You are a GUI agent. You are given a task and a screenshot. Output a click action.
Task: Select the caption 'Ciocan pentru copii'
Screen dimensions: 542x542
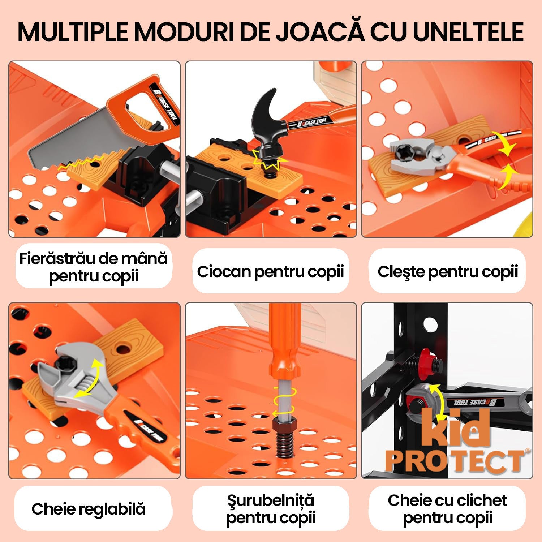(270, 272)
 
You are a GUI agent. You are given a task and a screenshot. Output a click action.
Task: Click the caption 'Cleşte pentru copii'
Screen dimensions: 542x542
(448, 272)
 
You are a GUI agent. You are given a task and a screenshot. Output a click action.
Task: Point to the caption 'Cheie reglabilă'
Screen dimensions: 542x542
(89, 509)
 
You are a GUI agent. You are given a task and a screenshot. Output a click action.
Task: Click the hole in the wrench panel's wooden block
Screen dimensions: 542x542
(124, 348)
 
